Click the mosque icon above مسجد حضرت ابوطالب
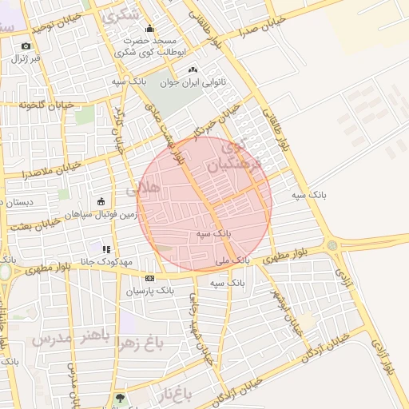(x=149, y=30)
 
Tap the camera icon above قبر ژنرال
(x=26, y=46)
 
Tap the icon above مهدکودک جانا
(x=105, y=248)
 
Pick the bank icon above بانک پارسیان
(x=149, y=278)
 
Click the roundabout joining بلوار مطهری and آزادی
(x=332, y=245)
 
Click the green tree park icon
(x=120, y=397)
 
